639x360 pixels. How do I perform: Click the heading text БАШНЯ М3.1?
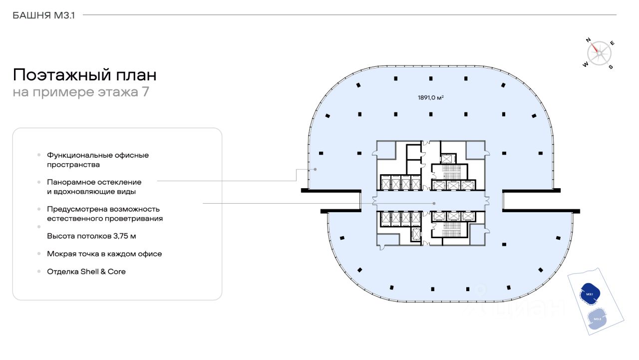click(43, 15)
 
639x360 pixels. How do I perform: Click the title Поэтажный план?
click(85, 75)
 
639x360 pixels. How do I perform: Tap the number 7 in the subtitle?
click(145, 92)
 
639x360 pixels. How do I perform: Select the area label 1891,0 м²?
click(431, 97)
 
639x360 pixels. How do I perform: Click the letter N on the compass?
click(588, 40)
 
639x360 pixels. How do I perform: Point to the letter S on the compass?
click(611, 67)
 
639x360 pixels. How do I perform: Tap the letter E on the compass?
click(612, 43)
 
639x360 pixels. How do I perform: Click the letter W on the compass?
click(586, 64)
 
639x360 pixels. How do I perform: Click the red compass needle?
click(595, 47)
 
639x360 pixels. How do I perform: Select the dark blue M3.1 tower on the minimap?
click(590, 294)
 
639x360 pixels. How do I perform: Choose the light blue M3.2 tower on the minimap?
click(597, 319)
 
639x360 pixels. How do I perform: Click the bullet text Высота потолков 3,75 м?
click(91, 236)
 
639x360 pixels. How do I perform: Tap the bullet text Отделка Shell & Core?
click(86, 272)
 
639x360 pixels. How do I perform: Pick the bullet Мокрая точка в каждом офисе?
click(104, 254)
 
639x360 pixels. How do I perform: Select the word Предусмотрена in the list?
click(77, 209)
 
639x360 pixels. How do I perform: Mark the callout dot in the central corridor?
click(434, 203)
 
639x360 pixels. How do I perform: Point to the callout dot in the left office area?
click(315, 169)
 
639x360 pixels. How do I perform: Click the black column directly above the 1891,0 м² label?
click(431, 78)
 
